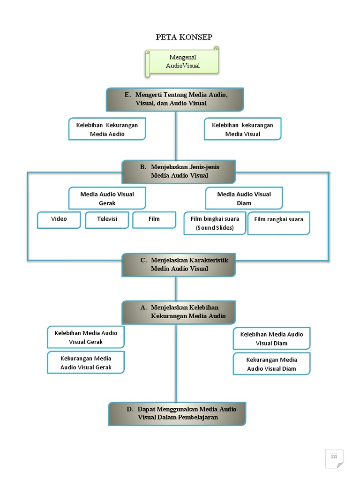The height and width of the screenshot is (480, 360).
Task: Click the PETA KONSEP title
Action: point(180,37)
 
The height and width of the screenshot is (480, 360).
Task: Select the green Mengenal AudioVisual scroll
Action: point(182,61)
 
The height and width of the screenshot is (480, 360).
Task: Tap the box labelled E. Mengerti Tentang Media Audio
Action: point(175,99)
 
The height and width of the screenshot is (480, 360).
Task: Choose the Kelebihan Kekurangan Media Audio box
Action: point(107,129)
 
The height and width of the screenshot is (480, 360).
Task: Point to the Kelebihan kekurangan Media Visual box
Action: point(242,129)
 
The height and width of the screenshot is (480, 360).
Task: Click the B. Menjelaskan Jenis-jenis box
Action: point(179,172)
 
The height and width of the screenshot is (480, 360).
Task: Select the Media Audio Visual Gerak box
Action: point(107,198)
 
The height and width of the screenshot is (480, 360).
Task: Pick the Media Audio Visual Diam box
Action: point(244,198)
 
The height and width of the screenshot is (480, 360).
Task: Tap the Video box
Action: point(59,219)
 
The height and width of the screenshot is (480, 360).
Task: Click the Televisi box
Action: point(107,219)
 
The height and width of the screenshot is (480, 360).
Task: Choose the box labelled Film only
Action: point(154,219)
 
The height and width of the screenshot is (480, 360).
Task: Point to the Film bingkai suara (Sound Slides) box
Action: point(215,223)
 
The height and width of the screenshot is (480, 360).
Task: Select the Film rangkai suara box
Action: point(278,224)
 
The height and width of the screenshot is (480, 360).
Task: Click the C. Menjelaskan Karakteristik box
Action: point(179,265)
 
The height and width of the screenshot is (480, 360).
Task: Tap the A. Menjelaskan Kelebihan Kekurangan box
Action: point(179,312)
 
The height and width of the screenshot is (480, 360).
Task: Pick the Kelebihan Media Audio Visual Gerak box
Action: point(86,337)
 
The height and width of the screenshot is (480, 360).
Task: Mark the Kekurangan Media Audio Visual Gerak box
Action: point(86,363)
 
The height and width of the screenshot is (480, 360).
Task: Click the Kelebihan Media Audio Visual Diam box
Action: point(271,338)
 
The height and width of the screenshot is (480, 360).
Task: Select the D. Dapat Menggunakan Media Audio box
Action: point(177,413)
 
